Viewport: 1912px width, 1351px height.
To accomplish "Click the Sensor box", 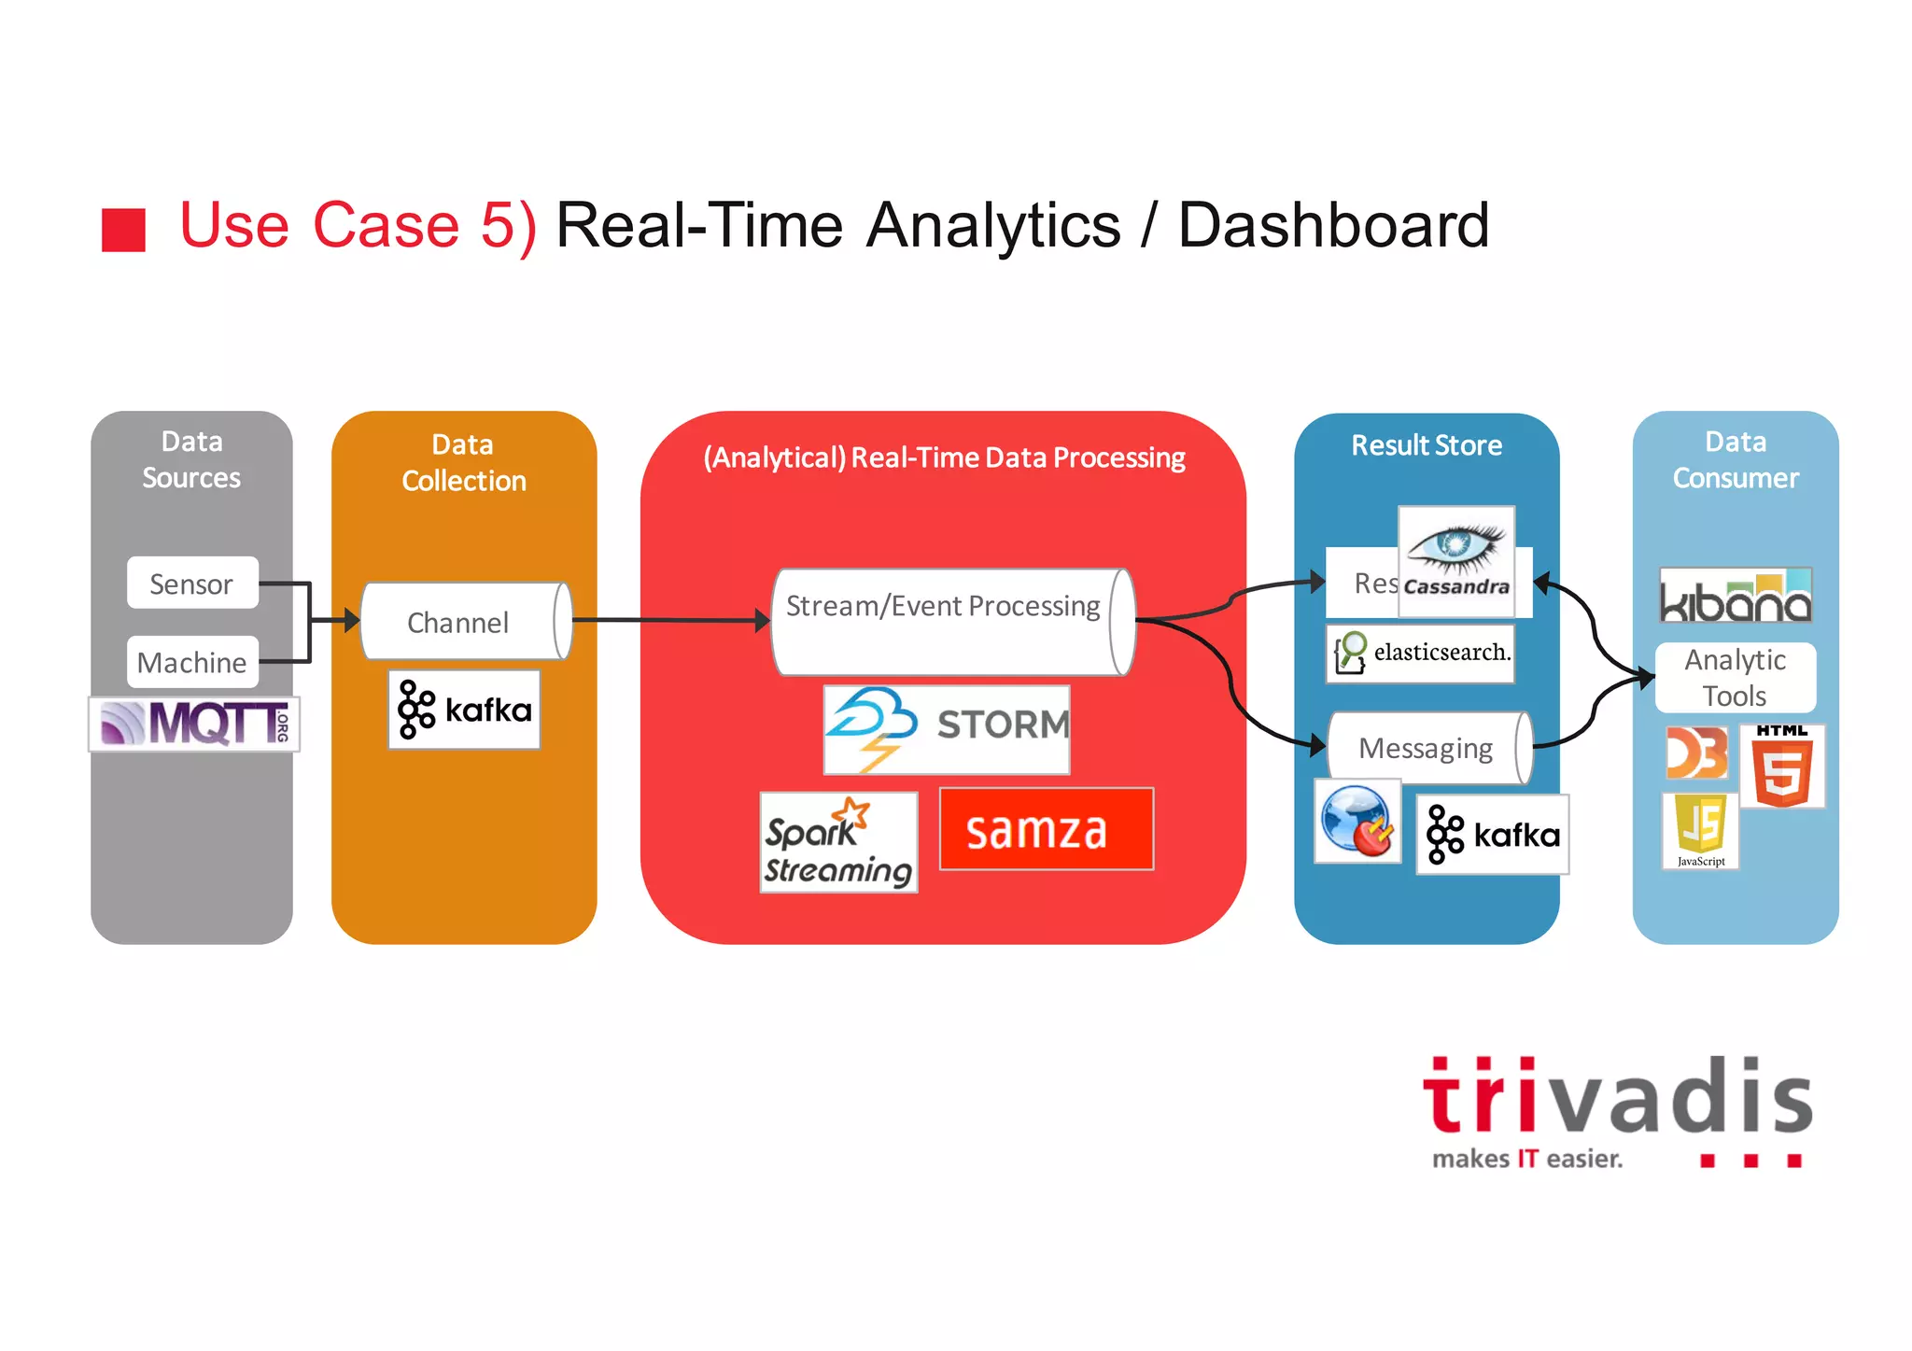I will click(x=192, y=584).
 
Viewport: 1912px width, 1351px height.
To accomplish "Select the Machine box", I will click(x=192, y=662).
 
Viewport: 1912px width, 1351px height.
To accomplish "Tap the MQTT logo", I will click(x=194, y=724).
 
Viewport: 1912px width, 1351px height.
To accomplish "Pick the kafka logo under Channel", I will click(x=464, y=710).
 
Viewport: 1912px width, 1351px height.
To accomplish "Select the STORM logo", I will click(x=947, y=729).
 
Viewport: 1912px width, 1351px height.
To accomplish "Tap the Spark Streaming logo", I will click(x=838, y=842).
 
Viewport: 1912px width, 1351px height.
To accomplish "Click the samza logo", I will click(x=1046, y=829).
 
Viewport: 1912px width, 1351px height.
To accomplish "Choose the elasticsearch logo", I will click(x=1420, y=653).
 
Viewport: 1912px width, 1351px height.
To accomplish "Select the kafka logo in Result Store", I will click(x=1492, y=835).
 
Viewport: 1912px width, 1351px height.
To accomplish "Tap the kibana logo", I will click(x=1735, y=596).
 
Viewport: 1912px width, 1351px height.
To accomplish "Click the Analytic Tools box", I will click(x=1735, y=678).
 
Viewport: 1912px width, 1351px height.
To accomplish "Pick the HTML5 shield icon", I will click(x=1782, y=767).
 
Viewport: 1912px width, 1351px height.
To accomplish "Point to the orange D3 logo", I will click(x=1696, y=753).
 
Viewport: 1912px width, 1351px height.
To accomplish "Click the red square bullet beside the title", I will click(x=123, y=230).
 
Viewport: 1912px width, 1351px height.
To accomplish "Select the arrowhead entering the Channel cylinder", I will click(x=352, y=620).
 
